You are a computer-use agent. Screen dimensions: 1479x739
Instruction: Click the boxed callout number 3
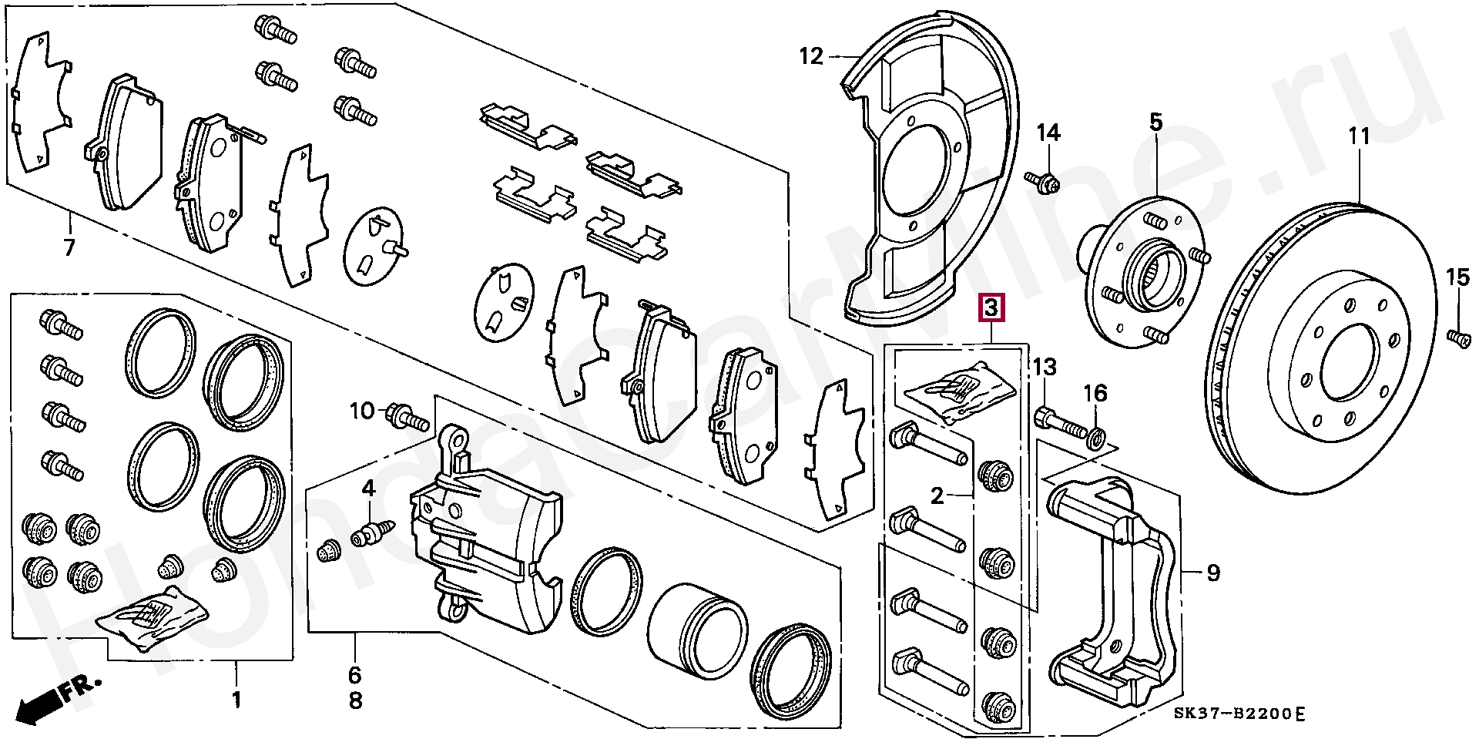pos(991,308)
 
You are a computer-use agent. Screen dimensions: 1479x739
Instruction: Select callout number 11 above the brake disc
pos(1360,137)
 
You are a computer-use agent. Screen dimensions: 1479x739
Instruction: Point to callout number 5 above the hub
pos(1156,122)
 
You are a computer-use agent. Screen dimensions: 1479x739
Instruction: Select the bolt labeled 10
pos(409,416)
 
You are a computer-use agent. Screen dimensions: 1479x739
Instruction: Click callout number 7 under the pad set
pos(69,249)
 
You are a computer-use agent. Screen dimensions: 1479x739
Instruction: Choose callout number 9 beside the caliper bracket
pos(1213,573)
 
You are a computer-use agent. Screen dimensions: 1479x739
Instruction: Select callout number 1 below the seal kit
pos(236,700)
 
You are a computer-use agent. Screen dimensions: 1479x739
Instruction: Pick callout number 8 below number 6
pos(354,701)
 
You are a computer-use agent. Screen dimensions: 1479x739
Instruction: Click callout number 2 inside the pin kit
pos(937,496)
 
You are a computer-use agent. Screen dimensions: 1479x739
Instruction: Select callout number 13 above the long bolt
pos(1046,366)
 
